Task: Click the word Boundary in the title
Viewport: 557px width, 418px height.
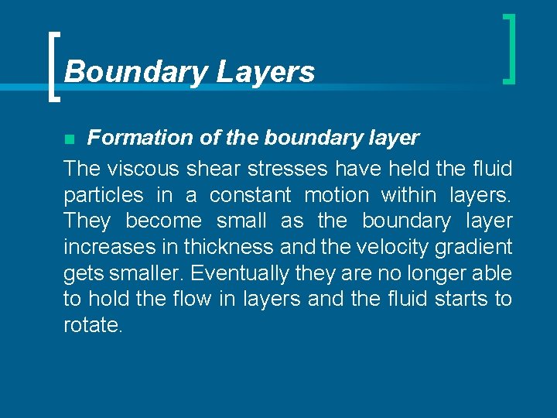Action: click(136, 72)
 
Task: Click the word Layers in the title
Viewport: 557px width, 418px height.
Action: click(265, 72)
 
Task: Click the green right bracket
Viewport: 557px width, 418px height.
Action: click(508, 48)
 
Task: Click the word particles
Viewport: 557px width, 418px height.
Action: click(104, 194)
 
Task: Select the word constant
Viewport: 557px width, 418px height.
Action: click(250, 194)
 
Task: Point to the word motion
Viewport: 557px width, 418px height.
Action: click(339, 194)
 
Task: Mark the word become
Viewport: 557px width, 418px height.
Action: click(163, 221)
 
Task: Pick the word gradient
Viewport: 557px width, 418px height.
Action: click(472, 247)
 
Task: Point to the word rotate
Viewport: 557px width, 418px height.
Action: click(91, 326)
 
